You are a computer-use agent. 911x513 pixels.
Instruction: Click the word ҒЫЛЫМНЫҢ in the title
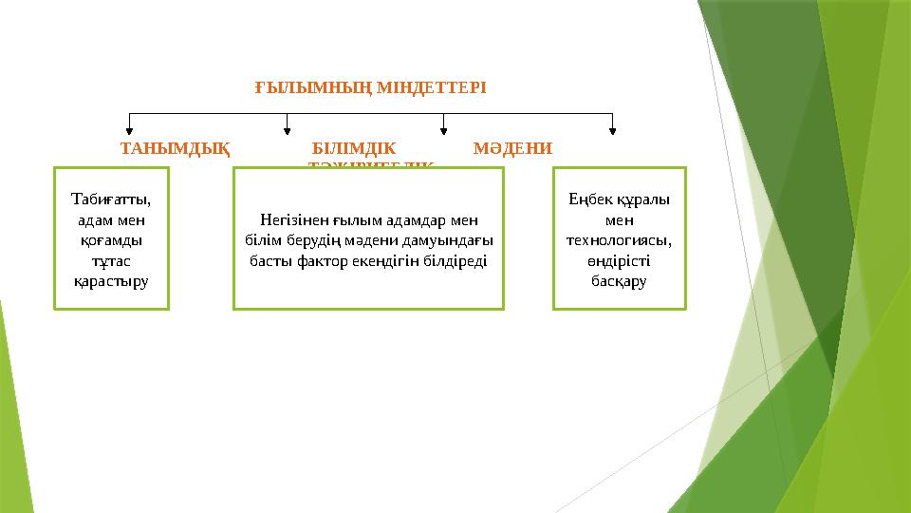(x=314, y=87)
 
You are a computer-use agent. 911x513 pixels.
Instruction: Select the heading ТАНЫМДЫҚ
(x=174, y=149)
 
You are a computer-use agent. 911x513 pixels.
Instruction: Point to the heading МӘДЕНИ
(x=512, y=149)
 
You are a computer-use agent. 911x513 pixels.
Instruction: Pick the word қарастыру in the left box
(x=111, y=282)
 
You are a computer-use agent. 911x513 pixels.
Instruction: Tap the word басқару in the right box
(x=618, y=282)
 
